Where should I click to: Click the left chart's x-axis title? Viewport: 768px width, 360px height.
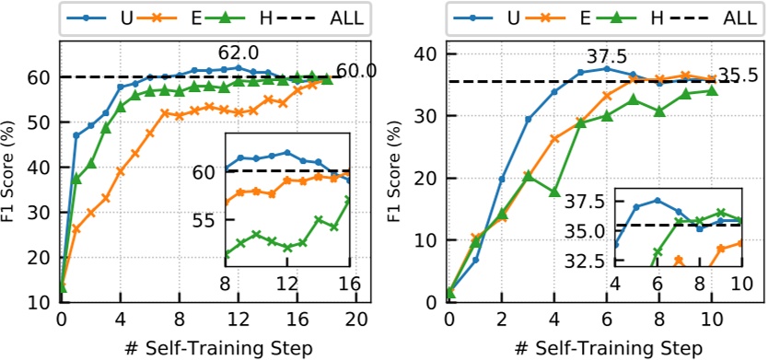210,348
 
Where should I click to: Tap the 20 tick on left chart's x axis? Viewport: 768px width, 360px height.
356,320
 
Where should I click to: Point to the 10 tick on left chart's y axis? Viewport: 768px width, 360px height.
42,302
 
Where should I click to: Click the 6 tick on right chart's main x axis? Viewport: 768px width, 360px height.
606,320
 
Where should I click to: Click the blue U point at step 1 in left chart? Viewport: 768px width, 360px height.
76,135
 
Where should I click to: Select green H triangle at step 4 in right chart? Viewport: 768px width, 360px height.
554,192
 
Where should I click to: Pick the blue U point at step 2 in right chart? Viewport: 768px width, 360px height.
502,179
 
